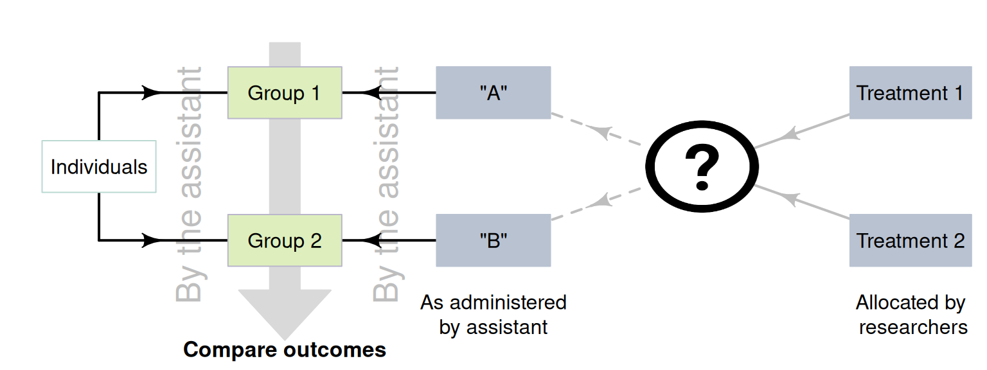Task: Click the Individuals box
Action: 99,166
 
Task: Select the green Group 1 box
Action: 285,92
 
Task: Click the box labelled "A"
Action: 493,92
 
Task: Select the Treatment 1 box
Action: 910,92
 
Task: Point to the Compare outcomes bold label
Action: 285,350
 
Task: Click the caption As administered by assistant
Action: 493,314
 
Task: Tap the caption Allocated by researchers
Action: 912,314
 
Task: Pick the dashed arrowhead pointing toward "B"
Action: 599,202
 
